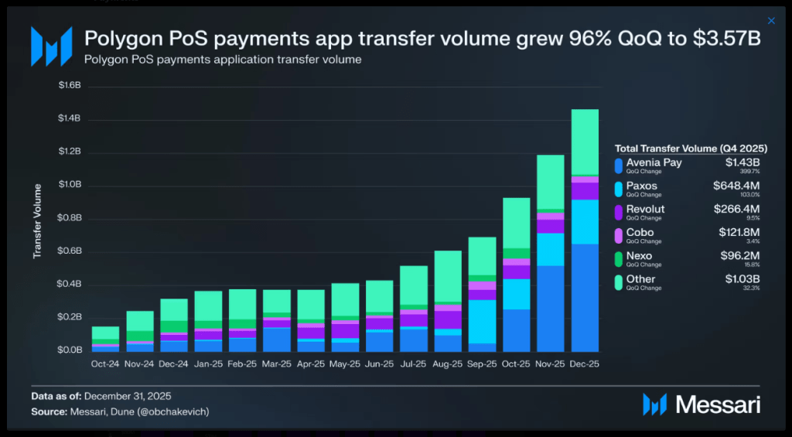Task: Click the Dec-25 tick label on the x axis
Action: pos(585,363)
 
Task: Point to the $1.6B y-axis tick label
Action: pos(70,86)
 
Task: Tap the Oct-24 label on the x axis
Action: pos(106,363)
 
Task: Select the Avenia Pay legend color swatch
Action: pos(618,166)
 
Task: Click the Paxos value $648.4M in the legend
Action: pos(736,186)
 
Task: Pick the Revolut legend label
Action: pos(645,209)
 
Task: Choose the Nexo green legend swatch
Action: pos(618,259)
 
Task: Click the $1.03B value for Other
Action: pos(742,278)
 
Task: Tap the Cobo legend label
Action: pos(640,232)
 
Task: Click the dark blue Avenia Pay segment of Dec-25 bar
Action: pos(585,298)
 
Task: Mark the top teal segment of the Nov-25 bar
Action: pos(551,182)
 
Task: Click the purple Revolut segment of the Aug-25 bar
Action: pos(448,319)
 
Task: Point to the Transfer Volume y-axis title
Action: pos(37,220)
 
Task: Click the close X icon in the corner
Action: pos(770,21)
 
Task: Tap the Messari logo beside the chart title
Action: pos(52,46)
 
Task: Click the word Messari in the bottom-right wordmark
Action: pos(718,404)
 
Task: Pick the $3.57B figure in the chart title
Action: pos(727,39)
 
